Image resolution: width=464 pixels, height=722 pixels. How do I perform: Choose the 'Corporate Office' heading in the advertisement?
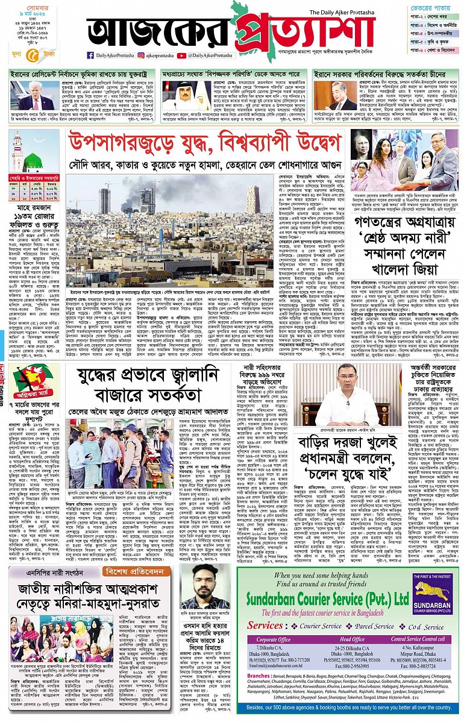[275, 639]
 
